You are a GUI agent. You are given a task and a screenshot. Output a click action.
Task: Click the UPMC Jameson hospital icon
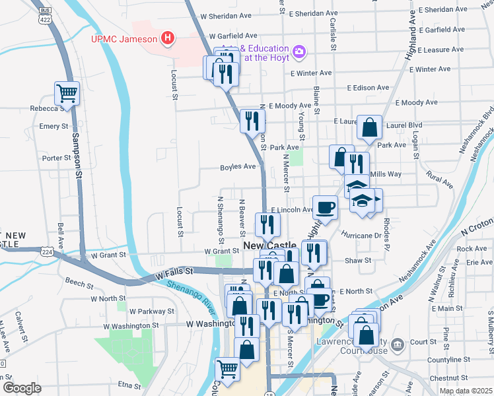[168, 38]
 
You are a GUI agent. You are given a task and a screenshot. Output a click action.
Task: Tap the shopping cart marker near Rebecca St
[67, 94]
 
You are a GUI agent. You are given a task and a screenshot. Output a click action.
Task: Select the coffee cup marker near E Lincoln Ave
[324, 208]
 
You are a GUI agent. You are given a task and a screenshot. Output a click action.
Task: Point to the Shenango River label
[190, 294]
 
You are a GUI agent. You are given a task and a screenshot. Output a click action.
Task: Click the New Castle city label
[270, 246]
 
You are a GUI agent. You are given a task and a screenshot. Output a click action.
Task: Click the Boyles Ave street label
[238, 167]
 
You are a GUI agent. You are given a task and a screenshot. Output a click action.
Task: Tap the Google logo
[21, 388]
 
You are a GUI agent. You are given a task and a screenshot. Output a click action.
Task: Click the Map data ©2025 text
[466, 391]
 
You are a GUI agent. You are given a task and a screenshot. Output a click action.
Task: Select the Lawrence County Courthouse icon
[397, 344]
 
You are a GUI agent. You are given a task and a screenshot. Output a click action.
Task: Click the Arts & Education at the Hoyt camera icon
[299, 51]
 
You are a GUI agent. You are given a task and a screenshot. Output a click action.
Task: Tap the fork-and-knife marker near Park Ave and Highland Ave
[357, 163]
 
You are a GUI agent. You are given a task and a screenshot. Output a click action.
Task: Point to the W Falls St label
[174, 271]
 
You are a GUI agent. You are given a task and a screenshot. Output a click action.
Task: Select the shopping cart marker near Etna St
[227, 369]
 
